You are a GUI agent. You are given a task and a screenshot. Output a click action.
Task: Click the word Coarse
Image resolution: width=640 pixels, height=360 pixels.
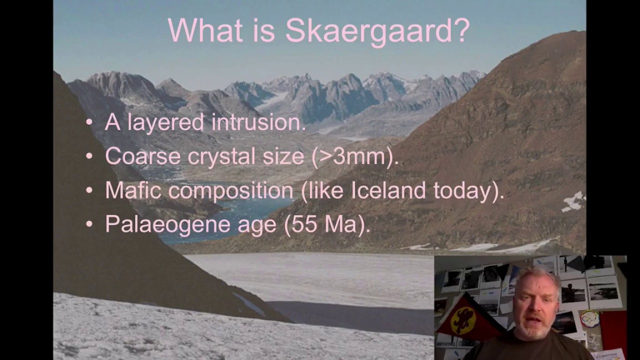(x=142, y=156)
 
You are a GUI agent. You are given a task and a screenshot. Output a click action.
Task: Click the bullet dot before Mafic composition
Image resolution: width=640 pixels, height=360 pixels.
(x=89, y=190)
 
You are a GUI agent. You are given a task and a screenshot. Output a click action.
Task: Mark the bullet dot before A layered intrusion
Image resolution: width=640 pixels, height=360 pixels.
(x=89, y=122)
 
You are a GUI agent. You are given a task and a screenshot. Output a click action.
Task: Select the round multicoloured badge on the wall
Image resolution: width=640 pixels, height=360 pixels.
(x=589, y=318)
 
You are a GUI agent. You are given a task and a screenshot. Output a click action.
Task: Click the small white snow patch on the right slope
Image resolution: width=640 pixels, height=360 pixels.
(x=573, y=201)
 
